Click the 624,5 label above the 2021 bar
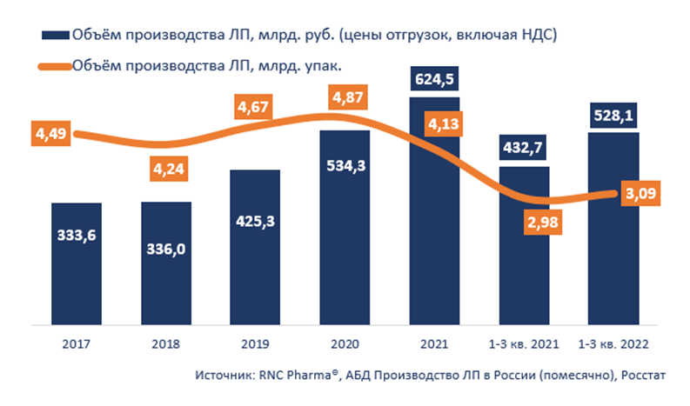434,79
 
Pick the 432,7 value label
524,148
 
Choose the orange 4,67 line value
256,108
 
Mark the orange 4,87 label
345,95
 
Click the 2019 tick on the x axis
256,343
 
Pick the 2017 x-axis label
77,343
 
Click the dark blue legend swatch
55,35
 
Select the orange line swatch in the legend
55,63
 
